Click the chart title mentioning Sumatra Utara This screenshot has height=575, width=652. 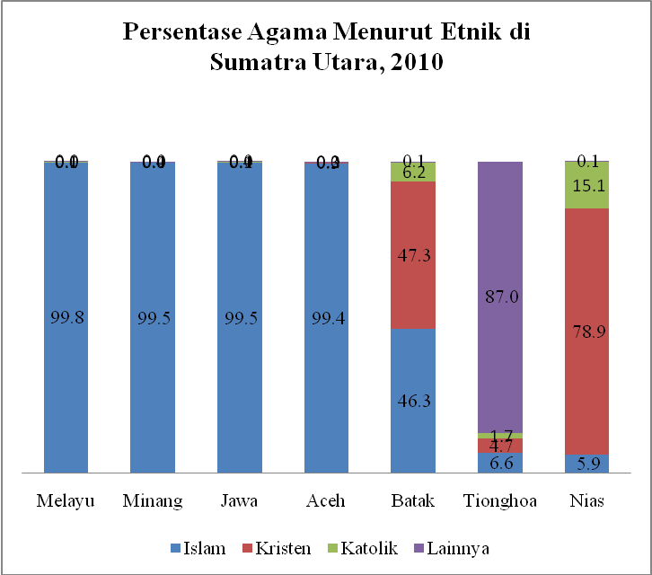point(326,48)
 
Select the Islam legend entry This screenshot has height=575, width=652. point(199,546)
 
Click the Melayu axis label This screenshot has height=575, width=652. point(66,500)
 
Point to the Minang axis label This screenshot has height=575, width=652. point(153,500)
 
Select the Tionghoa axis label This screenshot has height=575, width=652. point(500,500)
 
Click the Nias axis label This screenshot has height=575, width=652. point(587,500)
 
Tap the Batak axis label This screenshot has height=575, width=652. point(413,500)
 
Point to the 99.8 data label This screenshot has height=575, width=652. point(66,319)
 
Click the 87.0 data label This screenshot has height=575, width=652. point(500,296)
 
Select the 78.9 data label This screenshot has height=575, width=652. point(587,332)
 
